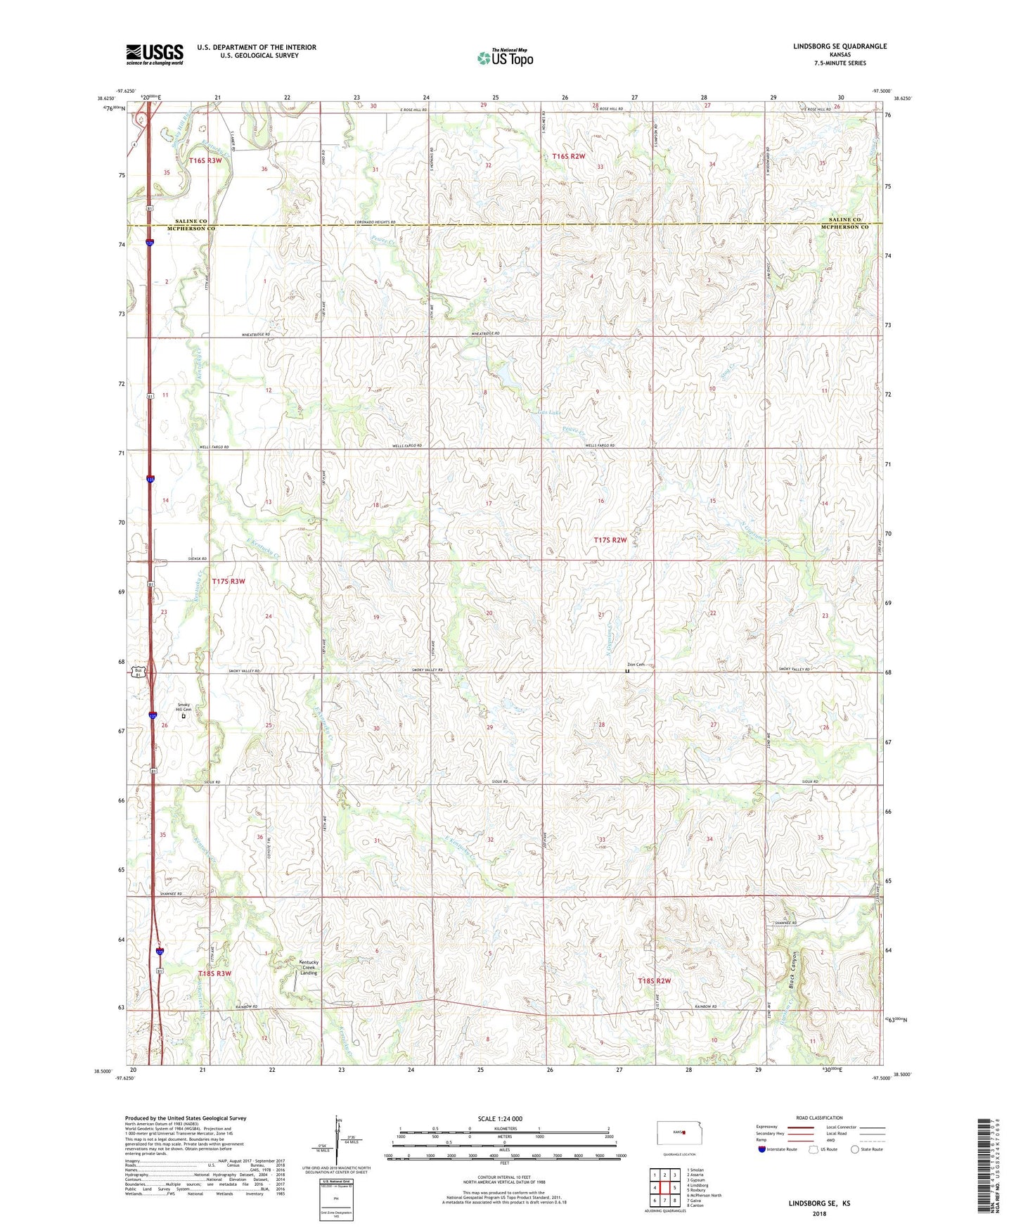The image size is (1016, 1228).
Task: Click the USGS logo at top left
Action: point(155,54)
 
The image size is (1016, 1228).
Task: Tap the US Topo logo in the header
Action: point(505,58)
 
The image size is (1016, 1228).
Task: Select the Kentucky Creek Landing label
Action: point(309,967)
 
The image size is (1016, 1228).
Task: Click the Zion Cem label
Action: point(635,665)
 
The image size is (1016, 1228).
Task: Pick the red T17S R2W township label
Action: point(610,540)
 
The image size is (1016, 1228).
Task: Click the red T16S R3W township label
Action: point(205,160)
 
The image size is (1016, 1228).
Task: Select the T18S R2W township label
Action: point(654,981)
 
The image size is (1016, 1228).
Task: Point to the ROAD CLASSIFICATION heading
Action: point(820,1118)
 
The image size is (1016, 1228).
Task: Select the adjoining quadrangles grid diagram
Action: point(664,1188)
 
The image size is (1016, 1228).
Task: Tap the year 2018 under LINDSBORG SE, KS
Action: point(819,1214)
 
